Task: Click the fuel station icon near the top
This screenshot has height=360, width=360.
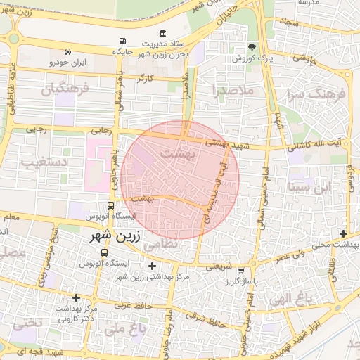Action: point(124,41)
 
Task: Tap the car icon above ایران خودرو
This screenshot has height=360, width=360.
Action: point(67,51)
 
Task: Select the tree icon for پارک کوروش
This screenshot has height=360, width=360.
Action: point(251,47)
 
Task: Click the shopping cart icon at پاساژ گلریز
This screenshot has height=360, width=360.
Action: point(242,271)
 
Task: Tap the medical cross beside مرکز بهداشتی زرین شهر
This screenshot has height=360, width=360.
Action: point(152,266)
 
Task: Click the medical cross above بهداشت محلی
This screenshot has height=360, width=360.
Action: point(343,233)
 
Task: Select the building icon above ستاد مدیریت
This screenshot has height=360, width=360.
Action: point(163,33)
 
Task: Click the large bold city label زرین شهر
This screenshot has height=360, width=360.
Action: point(115,236)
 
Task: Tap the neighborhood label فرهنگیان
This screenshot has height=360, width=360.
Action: point(65,90)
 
